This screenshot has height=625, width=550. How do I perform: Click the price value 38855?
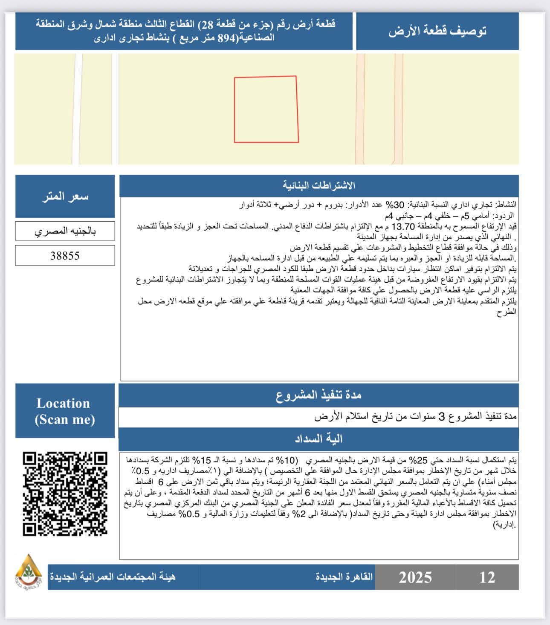(65, 255)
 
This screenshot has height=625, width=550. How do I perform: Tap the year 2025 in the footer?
(415, 577)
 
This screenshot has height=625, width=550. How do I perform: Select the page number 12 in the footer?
(487, 577)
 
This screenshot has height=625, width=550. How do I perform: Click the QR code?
(65, 494)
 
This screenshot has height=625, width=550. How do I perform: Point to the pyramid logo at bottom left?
(28, 570)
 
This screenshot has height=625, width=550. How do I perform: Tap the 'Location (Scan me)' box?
(65, 411)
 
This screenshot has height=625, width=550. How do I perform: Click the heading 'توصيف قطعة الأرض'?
(437, 31)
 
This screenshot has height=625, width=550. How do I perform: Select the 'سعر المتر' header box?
(65, 196)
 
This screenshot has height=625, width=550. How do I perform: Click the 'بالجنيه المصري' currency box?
(65, 231)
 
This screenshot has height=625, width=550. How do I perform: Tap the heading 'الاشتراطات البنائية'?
(318, 186)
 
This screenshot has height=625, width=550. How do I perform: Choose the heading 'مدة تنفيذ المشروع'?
(318, 396)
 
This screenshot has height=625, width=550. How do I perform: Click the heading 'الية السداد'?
(318, 439)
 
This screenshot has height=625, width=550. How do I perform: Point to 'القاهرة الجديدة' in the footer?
(344, 577)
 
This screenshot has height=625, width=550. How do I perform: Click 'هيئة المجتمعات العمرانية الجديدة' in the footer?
(113, 577)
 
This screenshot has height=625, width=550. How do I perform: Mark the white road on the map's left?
(77, 109)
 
